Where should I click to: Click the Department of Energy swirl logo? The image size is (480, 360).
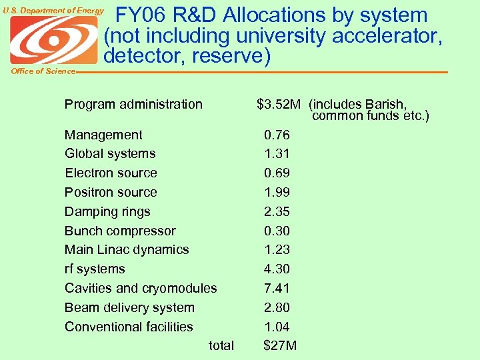click(53, 40)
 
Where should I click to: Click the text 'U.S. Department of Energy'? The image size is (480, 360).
click(53, 10)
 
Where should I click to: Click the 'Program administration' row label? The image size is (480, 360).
click(133, 104)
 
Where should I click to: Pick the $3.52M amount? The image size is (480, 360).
click(279, 104)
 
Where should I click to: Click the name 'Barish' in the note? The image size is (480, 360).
click(387, 104)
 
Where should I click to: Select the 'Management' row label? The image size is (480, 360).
click(103, 135)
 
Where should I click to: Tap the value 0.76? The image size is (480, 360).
click(277, 135)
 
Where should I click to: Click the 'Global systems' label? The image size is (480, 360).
click(110, 153)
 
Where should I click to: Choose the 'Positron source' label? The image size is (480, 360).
click(111, 192)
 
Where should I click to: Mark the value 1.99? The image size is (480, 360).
click(277, 192)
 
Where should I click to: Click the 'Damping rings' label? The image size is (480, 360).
click(107, 211)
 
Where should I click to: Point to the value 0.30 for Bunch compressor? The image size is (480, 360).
click(277, 231)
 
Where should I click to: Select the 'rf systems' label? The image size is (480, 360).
click(95, 269)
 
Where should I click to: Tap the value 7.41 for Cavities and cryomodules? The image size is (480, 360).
click(277, 288)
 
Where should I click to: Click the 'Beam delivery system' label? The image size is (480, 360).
click(129, 307)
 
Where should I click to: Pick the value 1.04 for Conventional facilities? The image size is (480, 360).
click(277, 327)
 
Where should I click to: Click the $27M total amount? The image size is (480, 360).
click(280, 345)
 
